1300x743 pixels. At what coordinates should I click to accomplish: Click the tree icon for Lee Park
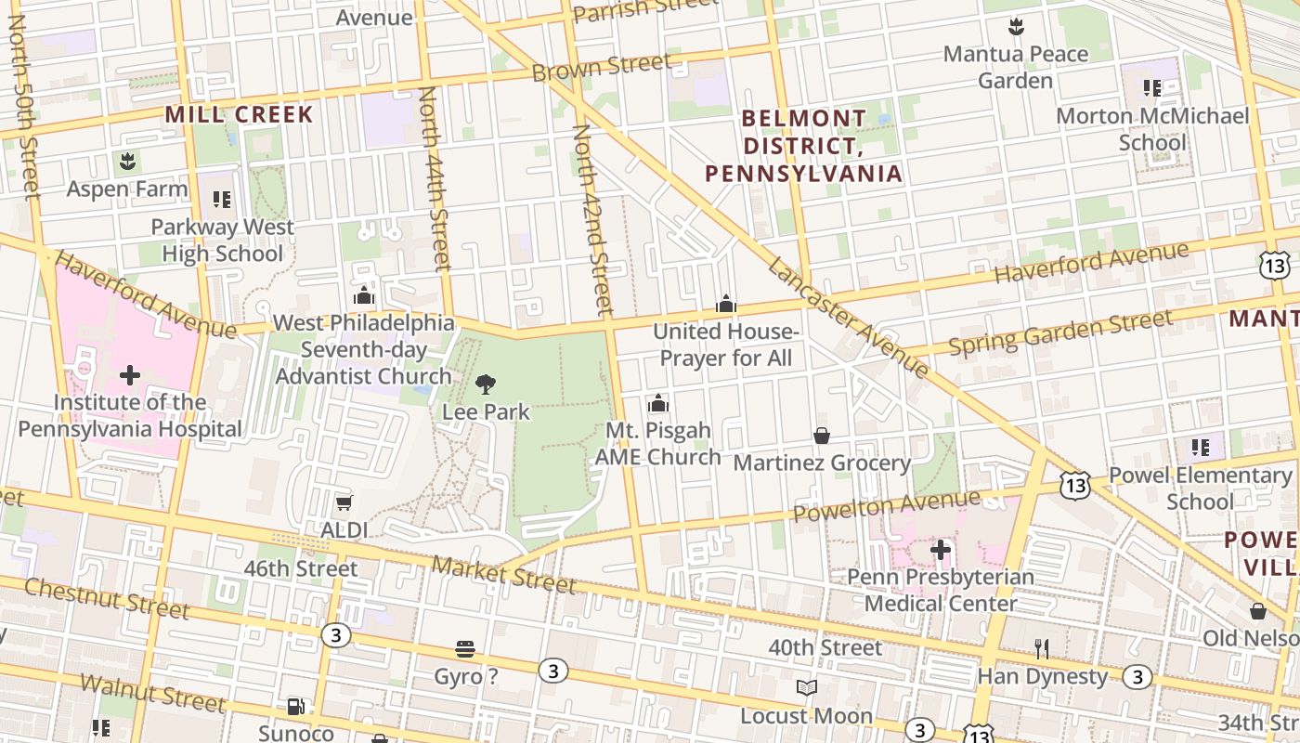485,384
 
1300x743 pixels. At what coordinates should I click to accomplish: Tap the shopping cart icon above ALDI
344,503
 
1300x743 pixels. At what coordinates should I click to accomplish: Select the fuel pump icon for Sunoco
295,707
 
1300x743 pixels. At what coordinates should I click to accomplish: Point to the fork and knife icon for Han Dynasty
1042,648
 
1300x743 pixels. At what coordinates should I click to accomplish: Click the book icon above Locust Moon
806,688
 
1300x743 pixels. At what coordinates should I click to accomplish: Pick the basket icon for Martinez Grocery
822,436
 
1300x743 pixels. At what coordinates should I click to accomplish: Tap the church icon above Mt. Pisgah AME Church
657,403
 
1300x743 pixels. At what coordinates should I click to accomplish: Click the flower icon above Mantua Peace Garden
1016,27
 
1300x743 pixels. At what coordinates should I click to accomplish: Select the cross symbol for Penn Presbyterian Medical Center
941,550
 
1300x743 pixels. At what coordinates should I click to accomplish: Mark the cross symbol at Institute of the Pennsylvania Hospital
130,375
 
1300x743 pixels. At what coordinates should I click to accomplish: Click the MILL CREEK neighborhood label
240,115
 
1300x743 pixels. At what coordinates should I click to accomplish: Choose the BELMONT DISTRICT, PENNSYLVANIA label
804,146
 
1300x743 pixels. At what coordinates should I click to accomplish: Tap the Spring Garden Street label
1059,333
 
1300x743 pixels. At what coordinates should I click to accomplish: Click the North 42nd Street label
593,218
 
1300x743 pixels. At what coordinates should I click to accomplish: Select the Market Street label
503,574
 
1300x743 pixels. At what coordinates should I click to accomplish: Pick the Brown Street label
601,67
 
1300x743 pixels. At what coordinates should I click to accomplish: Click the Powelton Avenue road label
886,507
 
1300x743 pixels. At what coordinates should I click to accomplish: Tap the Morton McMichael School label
1152,129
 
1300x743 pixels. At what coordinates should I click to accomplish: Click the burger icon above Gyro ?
465,649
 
